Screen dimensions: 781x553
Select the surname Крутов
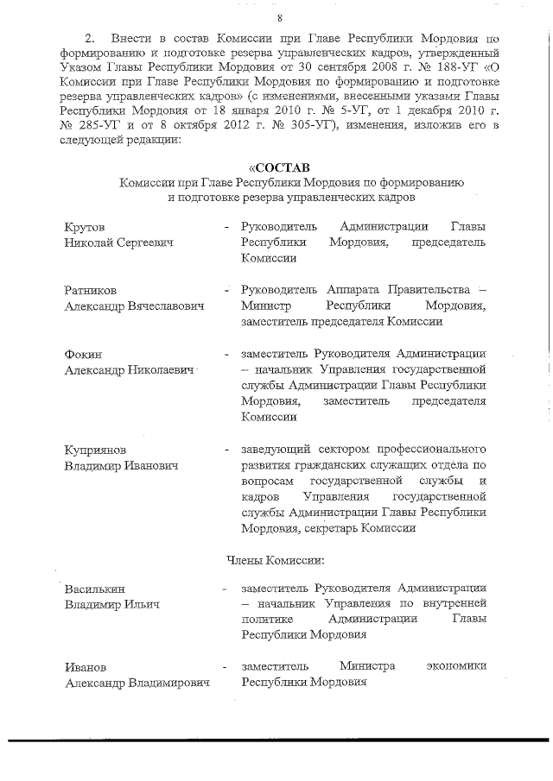coord(86,226)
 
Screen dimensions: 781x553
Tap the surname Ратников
coord(91,289)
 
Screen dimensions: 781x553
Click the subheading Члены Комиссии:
coord(276,561)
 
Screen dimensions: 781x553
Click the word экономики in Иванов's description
coord(455,666)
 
